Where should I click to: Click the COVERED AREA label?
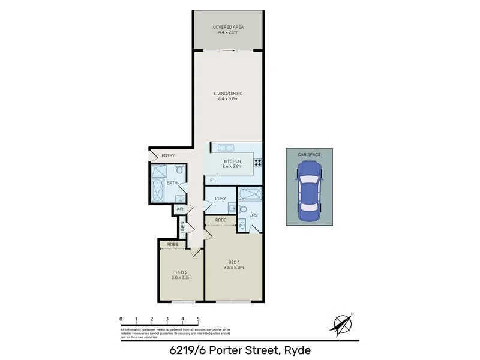[x=227, y=28]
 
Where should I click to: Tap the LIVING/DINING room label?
[x=227, y=94]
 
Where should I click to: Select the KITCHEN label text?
[x=232, y=161]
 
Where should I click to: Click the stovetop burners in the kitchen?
[x=258, y=161]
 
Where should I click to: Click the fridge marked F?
[x=211, y=179]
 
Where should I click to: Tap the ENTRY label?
[x=168, y=156]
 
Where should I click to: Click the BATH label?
[x=172, y=183]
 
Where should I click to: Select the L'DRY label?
[x=220, y=198]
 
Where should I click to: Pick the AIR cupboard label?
[x=179, y=209]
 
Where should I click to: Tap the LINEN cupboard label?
[x=182, y=227]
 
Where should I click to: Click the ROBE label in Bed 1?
[x=221, y=221]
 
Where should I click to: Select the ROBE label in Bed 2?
[x=173, y=245]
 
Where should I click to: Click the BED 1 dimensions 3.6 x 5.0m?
[x=233, y=268]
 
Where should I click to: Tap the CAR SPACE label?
[x=310, y=155]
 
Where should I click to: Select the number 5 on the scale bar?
[x=198, y=319]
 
